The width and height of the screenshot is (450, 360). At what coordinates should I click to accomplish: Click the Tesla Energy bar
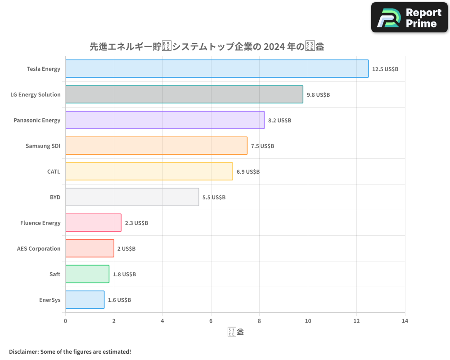[217, 69]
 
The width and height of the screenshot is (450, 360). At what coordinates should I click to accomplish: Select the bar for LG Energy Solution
[184, 94]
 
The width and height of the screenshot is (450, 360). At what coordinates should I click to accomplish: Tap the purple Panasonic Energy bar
[165, 120]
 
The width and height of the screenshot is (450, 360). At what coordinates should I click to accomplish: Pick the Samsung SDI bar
[156, 146]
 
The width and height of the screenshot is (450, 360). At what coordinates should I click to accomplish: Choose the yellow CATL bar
[149, 171]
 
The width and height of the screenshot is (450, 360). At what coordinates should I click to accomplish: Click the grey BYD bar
[132, 197]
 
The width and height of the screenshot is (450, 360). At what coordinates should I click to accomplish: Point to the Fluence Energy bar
[93, 223]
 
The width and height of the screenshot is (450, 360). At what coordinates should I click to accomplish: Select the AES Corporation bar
[90, 248]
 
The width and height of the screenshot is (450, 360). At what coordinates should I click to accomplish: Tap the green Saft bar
[87, 274]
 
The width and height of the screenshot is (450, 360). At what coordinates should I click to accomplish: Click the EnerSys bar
[85, 300]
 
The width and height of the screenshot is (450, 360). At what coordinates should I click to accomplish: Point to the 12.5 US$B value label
[385, 69]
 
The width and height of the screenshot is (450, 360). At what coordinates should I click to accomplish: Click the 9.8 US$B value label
[318, 95]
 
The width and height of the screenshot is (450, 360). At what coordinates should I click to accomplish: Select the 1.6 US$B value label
[119, 300]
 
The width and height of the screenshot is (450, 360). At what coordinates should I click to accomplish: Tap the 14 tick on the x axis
[405, 321]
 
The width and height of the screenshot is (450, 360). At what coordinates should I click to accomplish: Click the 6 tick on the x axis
[211, 321]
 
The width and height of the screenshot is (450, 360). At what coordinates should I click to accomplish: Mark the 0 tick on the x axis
[66, 321]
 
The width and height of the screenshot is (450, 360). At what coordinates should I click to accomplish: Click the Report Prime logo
[409, 18]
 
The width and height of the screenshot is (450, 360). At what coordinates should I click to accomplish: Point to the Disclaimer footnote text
[70, 351]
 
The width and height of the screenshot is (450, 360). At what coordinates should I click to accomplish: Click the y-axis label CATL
[54, 171]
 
